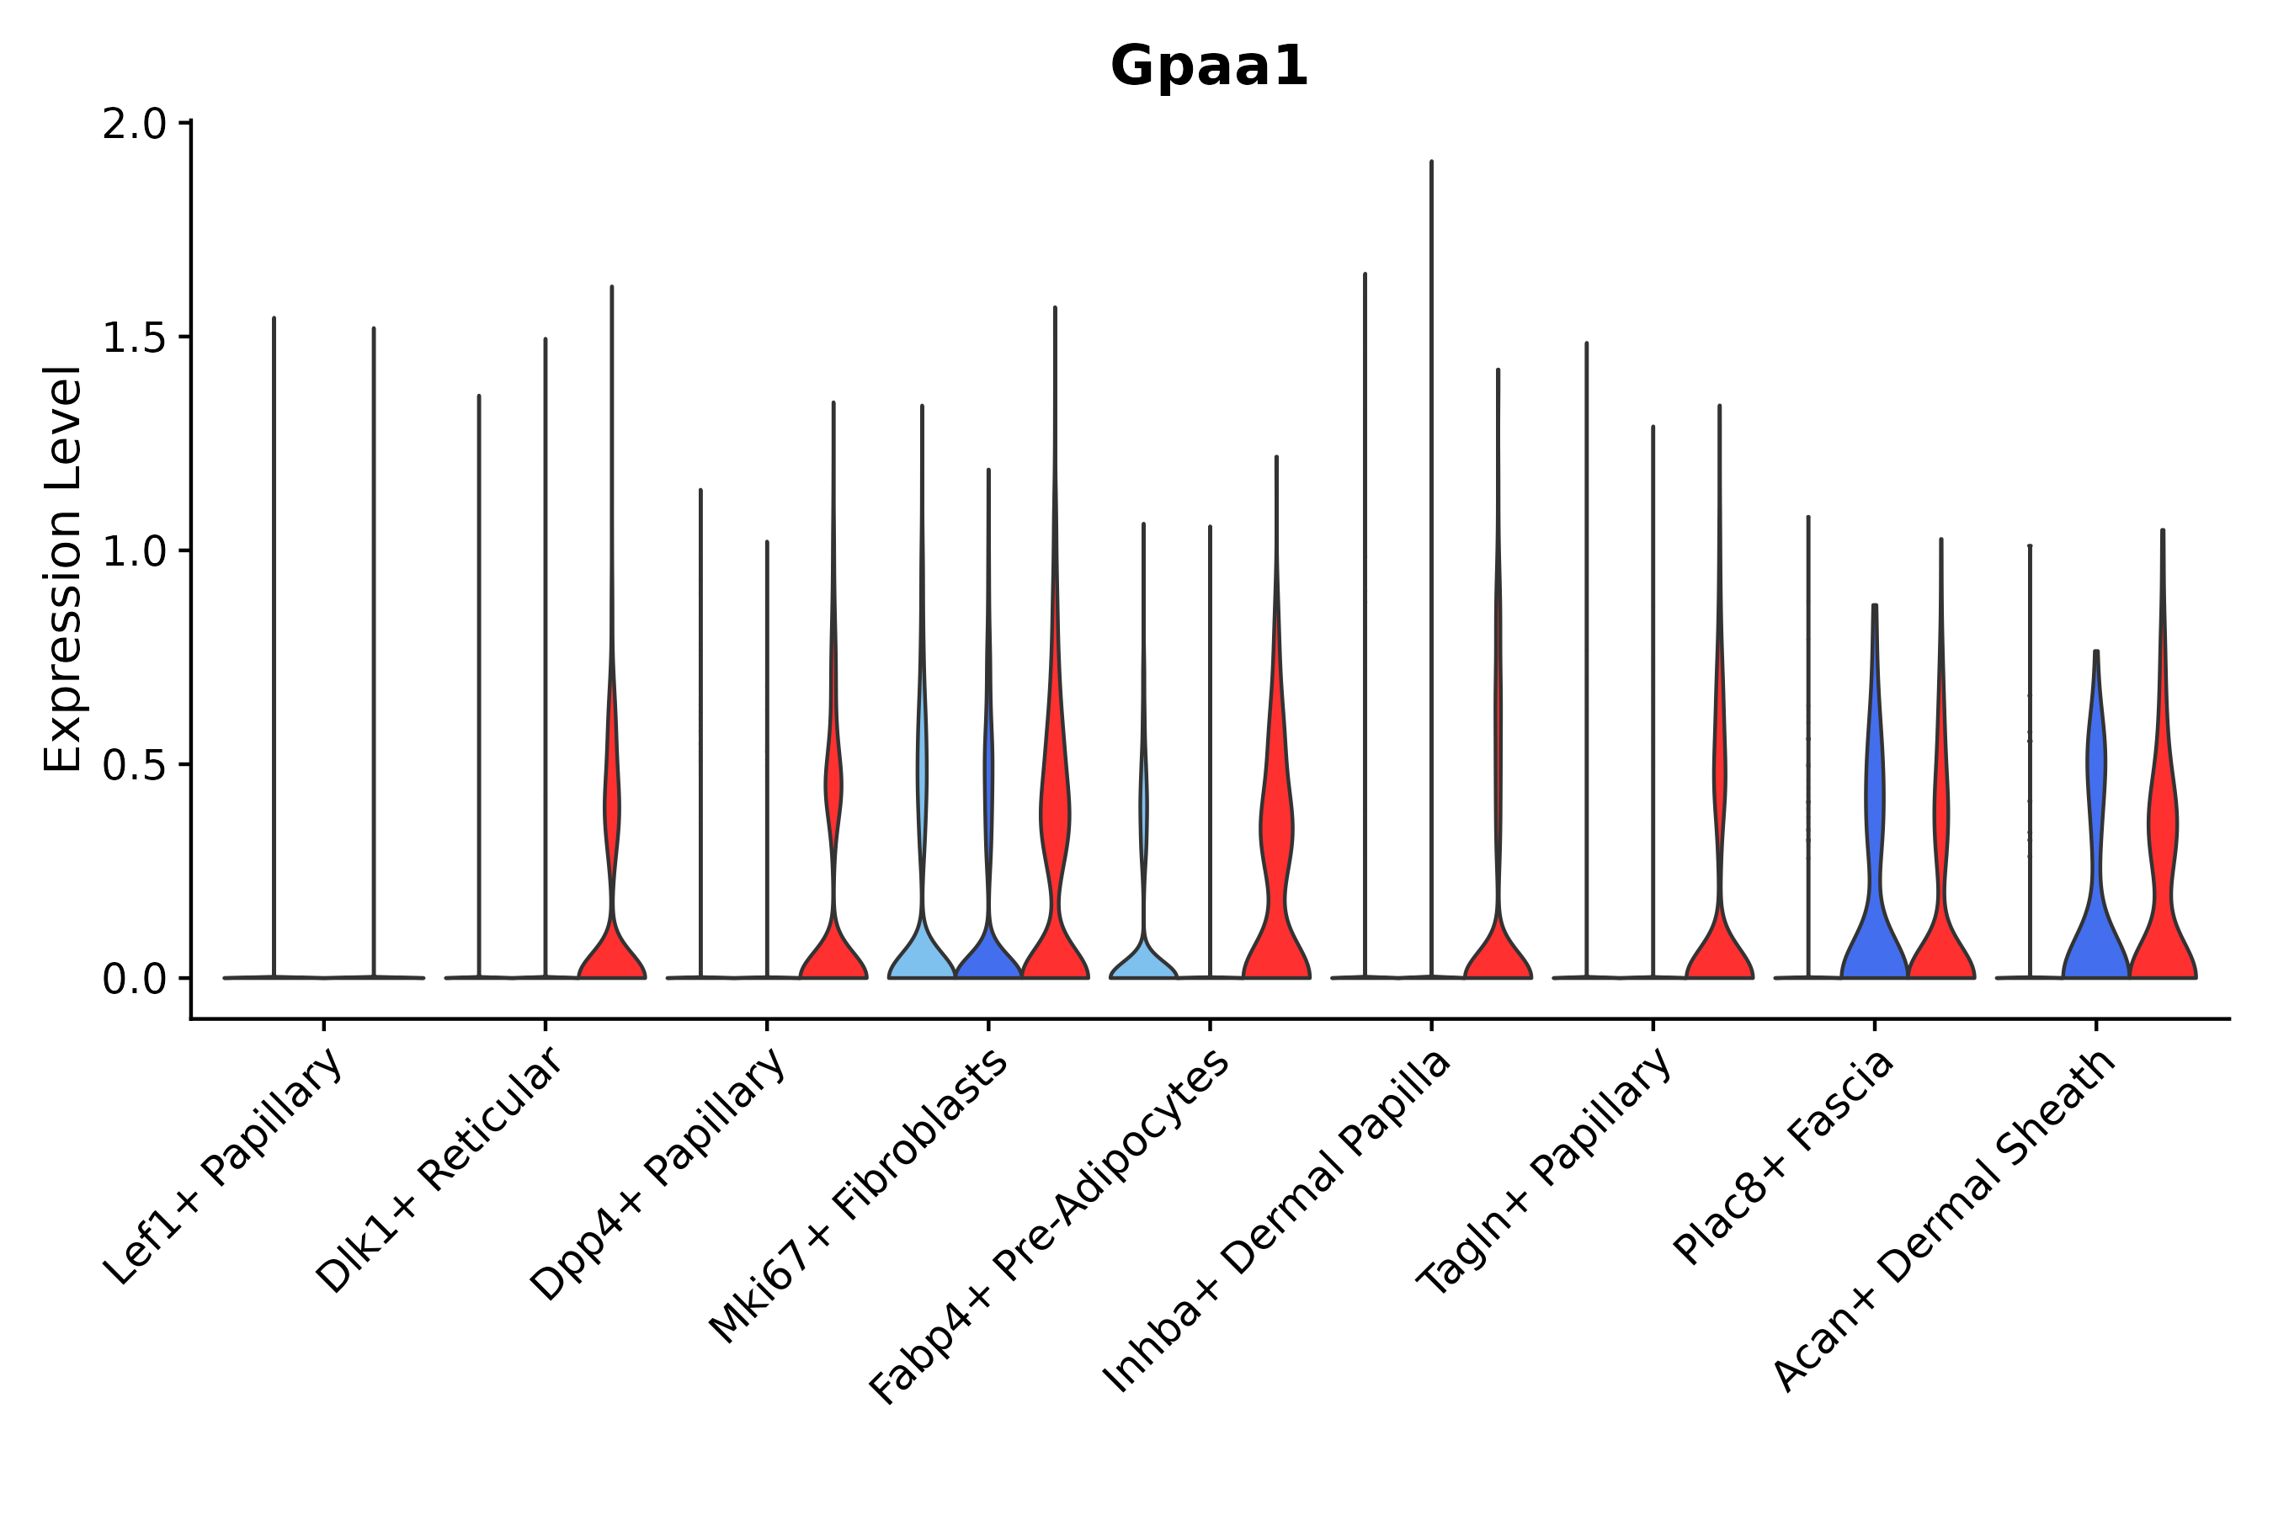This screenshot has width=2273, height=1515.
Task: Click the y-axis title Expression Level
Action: pos(63,569)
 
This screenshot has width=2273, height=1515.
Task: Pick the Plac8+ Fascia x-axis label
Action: pos(1784,1156)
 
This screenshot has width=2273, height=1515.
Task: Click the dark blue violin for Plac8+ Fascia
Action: pos(1874,928)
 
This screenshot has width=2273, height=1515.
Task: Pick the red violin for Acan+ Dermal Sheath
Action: pos(2163,918)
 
